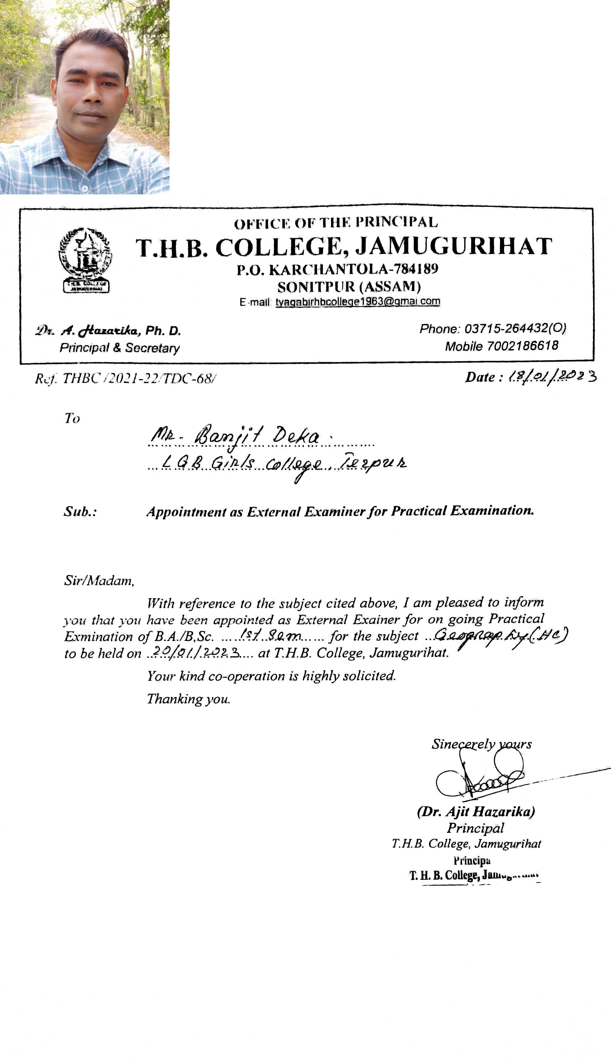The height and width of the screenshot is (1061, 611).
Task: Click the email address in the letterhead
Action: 358,302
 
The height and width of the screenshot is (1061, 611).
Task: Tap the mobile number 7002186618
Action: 522,346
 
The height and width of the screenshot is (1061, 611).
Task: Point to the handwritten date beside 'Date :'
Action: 552,377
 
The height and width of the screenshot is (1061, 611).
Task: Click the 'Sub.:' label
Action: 80,512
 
